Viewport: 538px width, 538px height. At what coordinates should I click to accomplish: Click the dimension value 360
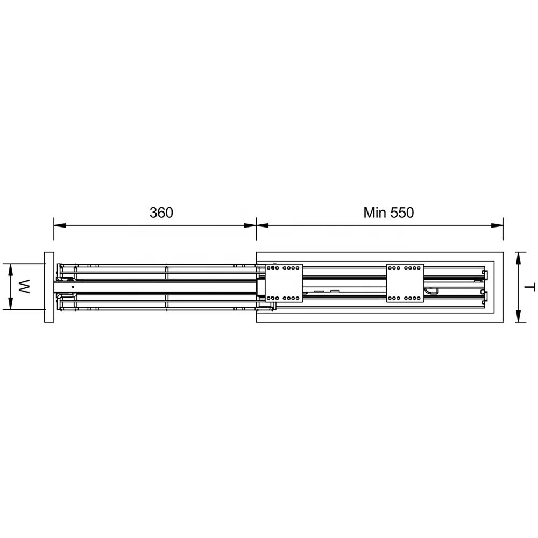[x=161, y=213]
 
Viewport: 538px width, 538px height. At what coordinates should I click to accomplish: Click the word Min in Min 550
[x=375, y=213]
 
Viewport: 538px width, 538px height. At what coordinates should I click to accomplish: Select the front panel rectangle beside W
[x=49, y=287]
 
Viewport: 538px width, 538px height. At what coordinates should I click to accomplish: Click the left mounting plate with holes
[x=285, y=282]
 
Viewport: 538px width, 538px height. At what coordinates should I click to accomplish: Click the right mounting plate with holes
[x=405, y=282]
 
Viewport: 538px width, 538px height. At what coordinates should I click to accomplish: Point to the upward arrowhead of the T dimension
[x=518, y=257]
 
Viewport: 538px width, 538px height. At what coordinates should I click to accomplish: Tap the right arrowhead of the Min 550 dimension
[x=498, y=225]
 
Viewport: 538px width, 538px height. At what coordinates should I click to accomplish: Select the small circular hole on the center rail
[x=72, y=287]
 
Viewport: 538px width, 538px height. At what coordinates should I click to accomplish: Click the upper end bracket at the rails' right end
[x=485, y=275]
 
